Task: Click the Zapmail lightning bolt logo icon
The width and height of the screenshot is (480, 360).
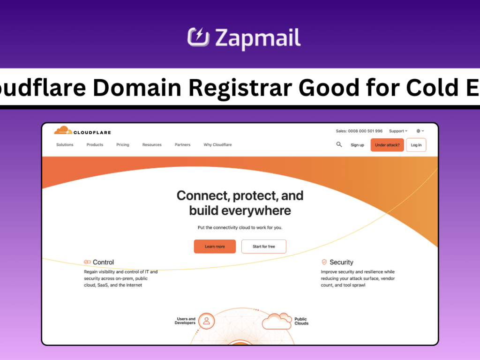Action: point(198,37)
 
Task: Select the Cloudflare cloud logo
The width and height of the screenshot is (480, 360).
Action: point(63,131)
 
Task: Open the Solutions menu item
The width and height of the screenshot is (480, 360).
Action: point(65,145)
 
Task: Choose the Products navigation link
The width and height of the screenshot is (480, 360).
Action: point(95,145)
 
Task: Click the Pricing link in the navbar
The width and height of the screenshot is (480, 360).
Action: point(123,145)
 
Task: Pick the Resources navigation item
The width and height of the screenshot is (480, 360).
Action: point(152,145)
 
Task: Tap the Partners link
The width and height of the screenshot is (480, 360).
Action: point(182,145)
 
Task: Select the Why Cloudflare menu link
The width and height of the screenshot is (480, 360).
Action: point(217,145)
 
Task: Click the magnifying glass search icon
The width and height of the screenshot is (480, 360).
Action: point(339,144)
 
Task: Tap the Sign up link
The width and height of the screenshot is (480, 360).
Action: point(357,145)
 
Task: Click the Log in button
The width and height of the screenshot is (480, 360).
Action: point(416,145)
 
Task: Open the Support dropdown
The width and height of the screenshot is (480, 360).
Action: point(398,131)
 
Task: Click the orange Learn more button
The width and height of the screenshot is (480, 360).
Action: point(215,247)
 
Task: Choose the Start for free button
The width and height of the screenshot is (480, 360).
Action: point(263,247)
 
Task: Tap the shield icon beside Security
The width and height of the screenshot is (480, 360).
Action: point(324,262)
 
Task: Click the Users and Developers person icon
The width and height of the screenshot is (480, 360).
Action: point(206,321)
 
